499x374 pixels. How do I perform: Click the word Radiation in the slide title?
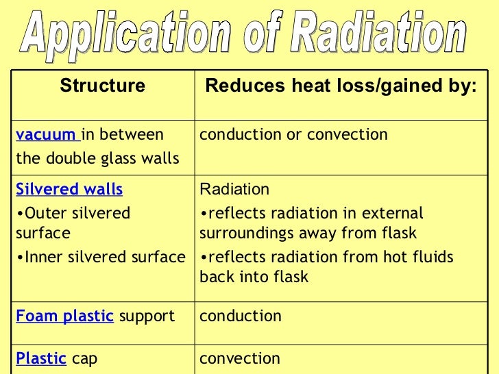374,32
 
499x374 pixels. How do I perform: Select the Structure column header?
103,86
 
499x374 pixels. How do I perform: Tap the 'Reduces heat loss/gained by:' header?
341,86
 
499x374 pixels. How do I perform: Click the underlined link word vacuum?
46,134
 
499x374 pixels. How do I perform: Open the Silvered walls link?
69,189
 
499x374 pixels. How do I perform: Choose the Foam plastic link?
64,316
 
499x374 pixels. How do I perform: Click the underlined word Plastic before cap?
41,358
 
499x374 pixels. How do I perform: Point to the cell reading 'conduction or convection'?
293,134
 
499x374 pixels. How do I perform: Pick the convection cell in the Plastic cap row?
240,358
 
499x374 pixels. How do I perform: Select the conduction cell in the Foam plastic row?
241,316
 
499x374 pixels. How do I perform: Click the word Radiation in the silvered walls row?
234,189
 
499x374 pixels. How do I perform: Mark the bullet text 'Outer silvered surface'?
73,223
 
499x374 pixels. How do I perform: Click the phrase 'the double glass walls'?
97,159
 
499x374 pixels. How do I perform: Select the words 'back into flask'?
254,277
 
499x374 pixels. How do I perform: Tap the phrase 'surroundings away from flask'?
308,233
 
